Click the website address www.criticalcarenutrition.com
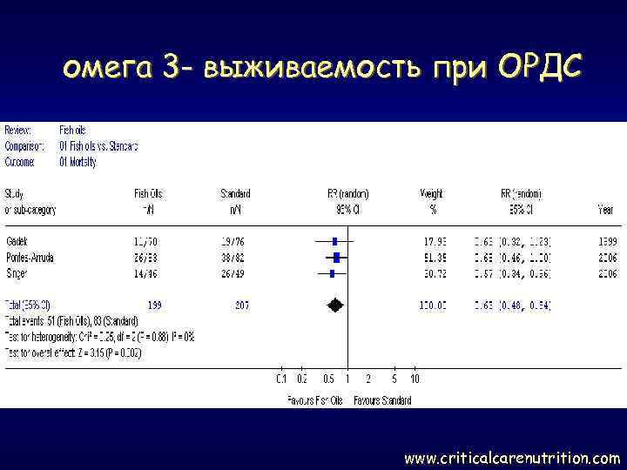[513, 457]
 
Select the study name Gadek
[17, 239]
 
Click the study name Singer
[17, 273]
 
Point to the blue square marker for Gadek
[334, 239]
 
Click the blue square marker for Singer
[332, 273]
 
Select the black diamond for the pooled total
[334, 305]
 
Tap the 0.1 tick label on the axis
[280, 379]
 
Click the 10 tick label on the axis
[415, 379]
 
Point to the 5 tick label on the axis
[394, 379]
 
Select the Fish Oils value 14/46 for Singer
[146, 273]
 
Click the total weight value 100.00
[432, 305]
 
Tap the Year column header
[604, 209]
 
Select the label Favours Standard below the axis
[382, 400]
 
